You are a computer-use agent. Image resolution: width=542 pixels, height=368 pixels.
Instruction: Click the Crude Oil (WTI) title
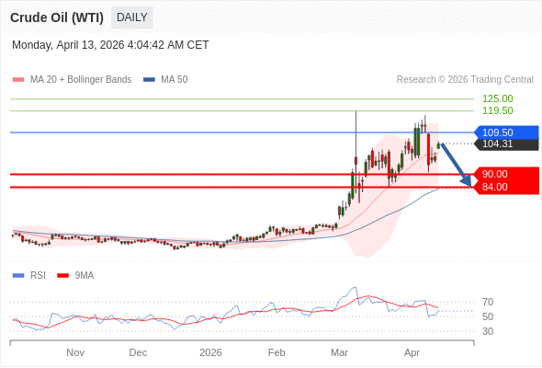57,17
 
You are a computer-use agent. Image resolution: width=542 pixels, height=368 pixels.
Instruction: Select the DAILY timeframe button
132,17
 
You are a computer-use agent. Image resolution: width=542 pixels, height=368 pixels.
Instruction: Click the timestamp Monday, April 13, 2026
110,44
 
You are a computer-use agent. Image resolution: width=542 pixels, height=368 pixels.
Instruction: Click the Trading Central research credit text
465,80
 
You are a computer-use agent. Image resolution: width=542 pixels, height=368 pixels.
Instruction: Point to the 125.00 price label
497,98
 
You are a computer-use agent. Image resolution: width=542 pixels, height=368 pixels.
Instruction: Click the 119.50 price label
497,110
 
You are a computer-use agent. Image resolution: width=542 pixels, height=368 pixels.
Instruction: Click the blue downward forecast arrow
457,166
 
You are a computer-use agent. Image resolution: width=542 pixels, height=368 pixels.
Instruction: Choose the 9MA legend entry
84,275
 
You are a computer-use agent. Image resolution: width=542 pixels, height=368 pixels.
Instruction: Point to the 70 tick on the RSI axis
488,302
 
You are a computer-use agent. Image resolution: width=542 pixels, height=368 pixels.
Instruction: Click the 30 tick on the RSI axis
488,331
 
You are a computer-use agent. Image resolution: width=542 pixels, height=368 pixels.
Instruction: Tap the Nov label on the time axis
75,352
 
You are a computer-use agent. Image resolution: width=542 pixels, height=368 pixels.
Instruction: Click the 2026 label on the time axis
211,352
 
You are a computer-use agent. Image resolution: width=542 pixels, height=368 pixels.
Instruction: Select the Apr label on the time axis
412,352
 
